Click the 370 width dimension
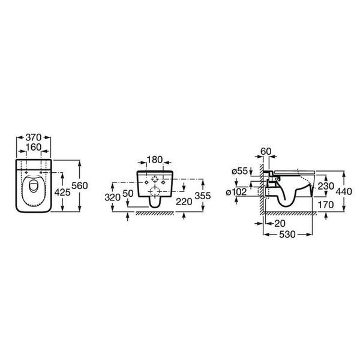34,137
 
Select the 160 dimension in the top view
34,147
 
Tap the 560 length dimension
80,185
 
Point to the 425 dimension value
62,192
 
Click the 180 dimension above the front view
155,160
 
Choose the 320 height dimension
113,197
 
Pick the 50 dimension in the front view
128,194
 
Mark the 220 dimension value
184,202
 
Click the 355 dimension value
203,196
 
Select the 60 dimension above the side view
266,152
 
